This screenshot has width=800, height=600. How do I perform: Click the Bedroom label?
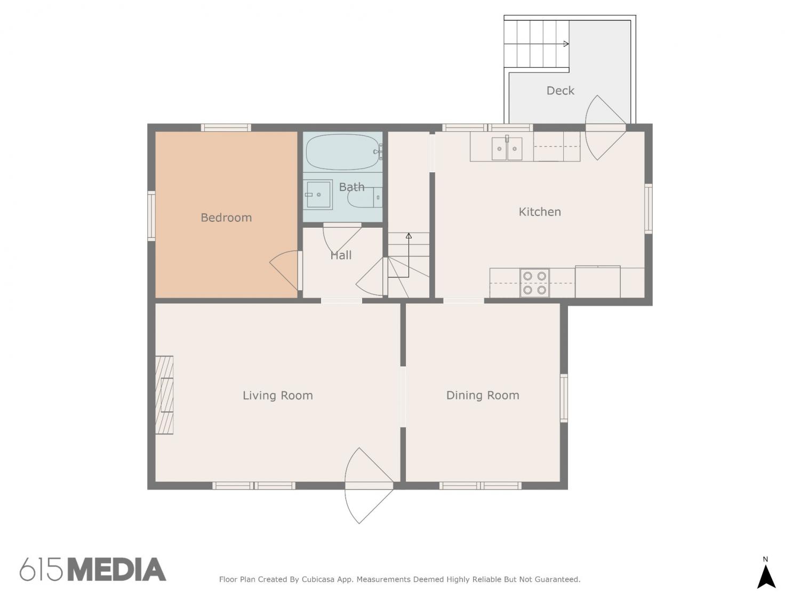coord(226,218)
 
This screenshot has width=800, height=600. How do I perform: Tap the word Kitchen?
coord(539,212)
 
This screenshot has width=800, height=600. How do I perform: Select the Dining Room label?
coord(483,395)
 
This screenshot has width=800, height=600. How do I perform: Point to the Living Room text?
coord(278,395)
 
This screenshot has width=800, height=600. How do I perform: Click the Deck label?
coord(560,90)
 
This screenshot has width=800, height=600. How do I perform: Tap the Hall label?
coord(341,255)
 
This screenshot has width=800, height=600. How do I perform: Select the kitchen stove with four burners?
coord(534,283)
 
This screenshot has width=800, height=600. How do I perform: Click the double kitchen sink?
coord(507,148)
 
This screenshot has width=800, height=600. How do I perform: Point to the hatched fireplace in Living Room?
coord(164,395)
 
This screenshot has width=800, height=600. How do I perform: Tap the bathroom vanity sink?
coord(318,195)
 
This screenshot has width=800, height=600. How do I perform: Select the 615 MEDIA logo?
coord(93,570)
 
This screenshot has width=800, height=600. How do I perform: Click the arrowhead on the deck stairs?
coord(566,44)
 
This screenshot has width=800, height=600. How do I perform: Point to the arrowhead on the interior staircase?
coord(409,236)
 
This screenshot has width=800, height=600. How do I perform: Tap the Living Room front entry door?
coord(369,486)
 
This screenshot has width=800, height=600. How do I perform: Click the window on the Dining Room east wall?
coord(563,398)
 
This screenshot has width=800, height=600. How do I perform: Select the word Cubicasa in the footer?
coord(317,579)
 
